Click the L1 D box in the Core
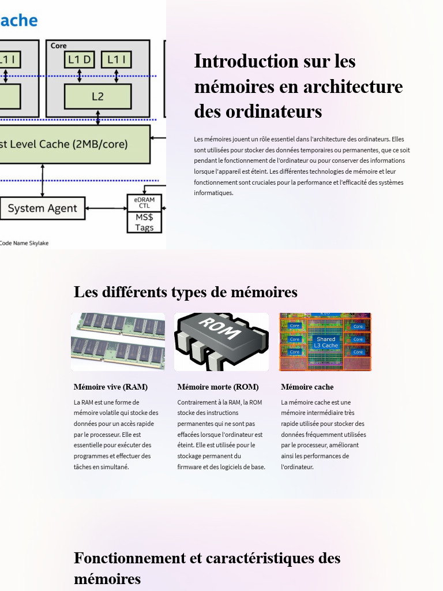(x=80, y=59)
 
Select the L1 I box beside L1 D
(x=117, y=59)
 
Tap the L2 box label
(x=97, y=96)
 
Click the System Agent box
(x=42, y=208)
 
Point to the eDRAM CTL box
(x=144, y=203)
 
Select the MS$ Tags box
(x=144, y=222)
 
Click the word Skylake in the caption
(x=37, y=243)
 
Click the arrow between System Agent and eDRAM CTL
(x=106, y=208)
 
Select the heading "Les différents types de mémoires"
(x=185, y=292)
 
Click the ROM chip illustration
(x=221, y=342)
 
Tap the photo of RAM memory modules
(x=118, y=342)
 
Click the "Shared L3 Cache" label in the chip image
(x=326, y=342)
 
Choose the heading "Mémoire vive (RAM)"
(x=110, y=387)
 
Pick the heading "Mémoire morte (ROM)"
(x=217, y=387)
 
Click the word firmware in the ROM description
(x=190, y=466)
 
